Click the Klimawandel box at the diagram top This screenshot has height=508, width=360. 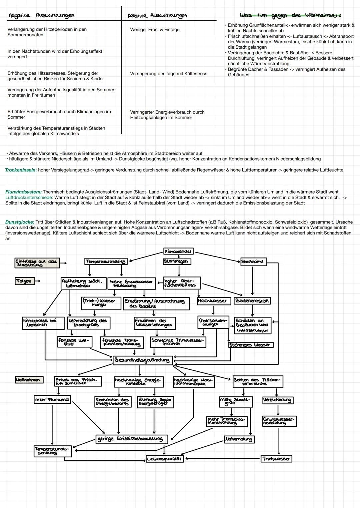click(178, 251)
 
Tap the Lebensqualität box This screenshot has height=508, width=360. click(165, 459)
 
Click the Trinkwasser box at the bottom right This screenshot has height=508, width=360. click(276, 459)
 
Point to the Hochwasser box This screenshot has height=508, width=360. click(212, 301)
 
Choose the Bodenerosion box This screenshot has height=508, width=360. click(252, 301)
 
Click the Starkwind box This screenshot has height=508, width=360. click(253, 261)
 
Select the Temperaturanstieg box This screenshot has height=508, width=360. click(106, 261)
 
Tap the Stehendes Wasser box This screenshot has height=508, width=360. click(250, 345)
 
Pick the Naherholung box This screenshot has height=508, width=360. click(239, 439)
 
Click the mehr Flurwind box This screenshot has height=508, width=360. click(52, 399)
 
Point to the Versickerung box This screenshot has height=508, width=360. click(277, 400)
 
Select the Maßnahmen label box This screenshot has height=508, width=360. click(29, 380)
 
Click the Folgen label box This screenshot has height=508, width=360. click(24, 281)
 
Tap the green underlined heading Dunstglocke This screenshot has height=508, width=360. click(20, 222)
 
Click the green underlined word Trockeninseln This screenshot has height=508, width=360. click(20, 170)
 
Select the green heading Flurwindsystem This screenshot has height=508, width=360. click(23, 192)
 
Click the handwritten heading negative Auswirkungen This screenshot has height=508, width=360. click(42, 15)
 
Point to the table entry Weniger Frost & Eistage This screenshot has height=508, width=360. click(155, 30)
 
